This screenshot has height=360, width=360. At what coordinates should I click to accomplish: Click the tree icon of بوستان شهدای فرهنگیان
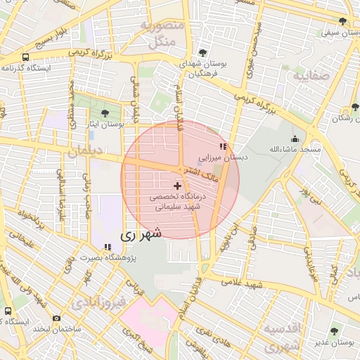pyautogui.click(x=202, y=53)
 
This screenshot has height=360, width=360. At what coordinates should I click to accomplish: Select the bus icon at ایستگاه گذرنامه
pyautogui.click(x=25, y=57)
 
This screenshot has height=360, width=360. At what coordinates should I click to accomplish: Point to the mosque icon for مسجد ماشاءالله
pyautogui.click(x=294, y=139)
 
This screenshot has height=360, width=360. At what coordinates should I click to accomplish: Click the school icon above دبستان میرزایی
pyautogui.click(x=223, y=147)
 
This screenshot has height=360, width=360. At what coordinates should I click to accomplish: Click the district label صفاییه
pyautogui.click(x=311, y=75)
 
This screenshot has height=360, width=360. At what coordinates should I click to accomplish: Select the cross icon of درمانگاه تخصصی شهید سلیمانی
pyautogui.click(x=176, y=185)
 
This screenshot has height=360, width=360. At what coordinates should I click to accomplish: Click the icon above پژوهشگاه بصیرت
pyautogui.click(x=108, y=247)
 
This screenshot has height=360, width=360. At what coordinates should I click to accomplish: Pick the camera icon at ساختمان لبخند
pyautogui.click(x=56, y=318)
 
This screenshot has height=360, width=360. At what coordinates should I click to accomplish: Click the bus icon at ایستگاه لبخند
pyautogui.click(x=8, y=310)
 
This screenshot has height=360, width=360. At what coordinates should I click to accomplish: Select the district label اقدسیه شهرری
pyautogui.click(x=280, y=337)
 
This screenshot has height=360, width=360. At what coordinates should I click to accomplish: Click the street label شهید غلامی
pyautogui.click(x=243, y=283)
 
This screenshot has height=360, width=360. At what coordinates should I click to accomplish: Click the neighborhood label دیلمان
pyautogui.click(x=87, y=150)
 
